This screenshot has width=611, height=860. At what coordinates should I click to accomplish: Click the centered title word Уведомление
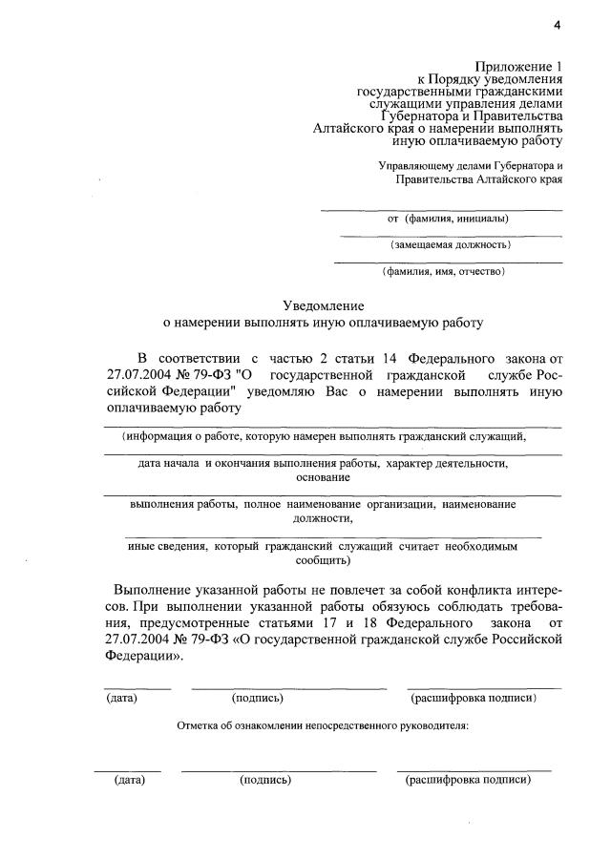click(324, 305)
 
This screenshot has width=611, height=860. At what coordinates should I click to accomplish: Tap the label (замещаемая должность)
click(450, 245)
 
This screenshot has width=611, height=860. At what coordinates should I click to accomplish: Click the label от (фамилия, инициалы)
click(448, 219)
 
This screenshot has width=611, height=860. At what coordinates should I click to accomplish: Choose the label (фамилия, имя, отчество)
click(443, 272)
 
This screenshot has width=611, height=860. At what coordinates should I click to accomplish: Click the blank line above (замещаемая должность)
click(450, 235)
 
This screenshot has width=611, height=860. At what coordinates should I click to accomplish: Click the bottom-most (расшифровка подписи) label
click(469, 780)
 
